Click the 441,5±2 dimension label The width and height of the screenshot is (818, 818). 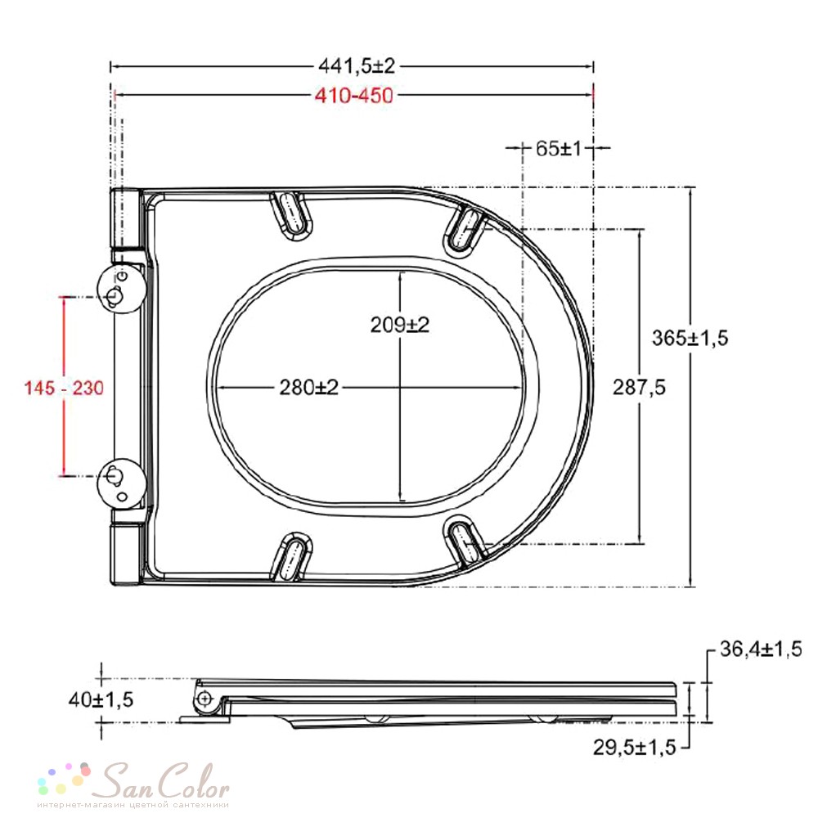pos(357,65)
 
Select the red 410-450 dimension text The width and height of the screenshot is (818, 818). pos(353,96)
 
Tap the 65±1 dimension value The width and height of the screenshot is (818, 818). pos(558,149)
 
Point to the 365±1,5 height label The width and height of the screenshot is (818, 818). pos(690,338)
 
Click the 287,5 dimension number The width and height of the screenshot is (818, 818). pos(639,387)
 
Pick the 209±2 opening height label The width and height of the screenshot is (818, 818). pos(400,325)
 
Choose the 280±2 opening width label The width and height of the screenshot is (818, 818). pos(309,387)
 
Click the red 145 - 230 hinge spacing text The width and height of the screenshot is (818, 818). pos(64,388)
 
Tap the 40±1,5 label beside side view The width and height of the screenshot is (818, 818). pos(101,699)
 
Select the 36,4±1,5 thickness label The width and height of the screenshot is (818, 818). pos(761,649)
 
